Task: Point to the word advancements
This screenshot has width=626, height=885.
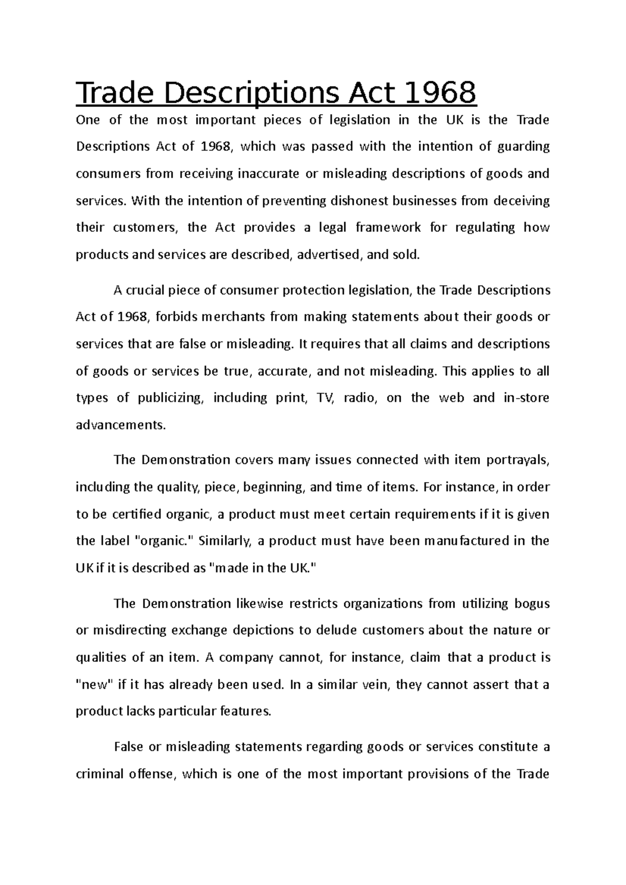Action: click(121, 425)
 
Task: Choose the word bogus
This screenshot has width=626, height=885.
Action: click(532, 604)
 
